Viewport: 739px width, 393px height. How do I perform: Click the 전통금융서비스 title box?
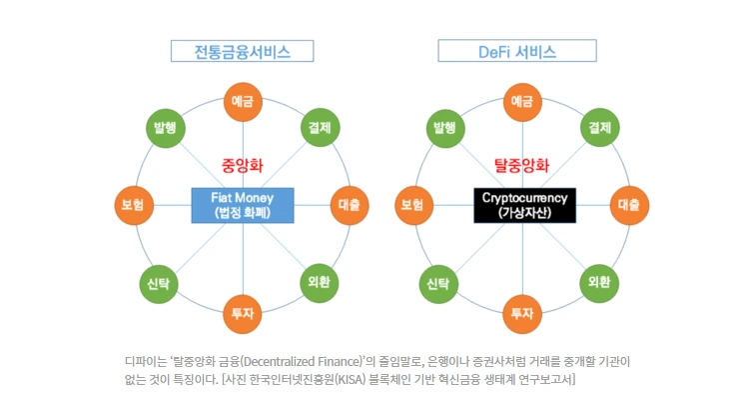(x=243, y=51)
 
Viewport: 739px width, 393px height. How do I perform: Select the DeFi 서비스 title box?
(x=517, y=51)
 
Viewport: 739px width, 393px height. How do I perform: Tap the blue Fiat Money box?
(x=243, y=205)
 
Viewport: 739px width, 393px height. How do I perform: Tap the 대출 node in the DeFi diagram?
(x=628, y=205)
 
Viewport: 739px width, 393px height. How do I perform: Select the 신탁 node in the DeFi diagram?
(x=439, y=283)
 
